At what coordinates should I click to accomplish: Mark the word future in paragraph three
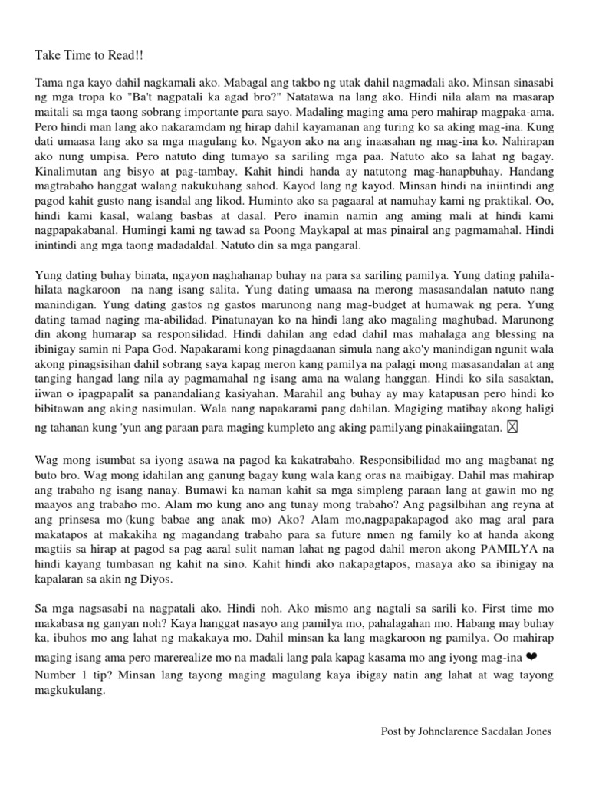pos(344,533)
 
